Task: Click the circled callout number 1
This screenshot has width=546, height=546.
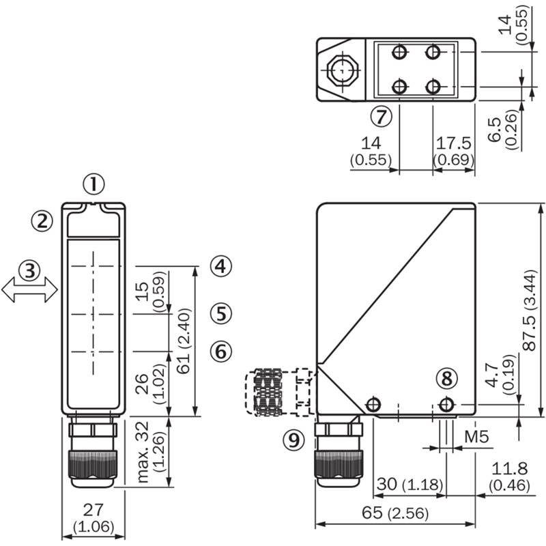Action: click(x=94, y=184)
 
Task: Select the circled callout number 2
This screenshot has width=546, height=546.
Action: click(x=42, y=221)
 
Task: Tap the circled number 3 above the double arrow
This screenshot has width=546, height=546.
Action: click(x=29, y=270)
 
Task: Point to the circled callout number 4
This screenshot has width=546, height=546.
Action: click(x=220, y=266)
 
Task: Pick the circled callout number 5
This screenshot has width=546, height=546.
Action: click(x=220, y=313)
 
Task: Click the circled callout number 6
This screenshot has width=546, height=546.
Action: click(x=220, y=351)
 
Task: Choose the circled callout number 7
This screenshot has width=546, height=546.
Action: click(x=381, y=117)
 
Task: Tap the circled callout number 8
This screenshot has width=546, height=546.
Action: click(x=447, y=379)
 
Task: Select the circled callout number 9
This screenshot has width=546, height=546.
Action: click(x=294, y=440)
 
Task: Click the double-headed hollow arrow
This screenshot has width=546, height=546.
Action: click(x=29, y=289)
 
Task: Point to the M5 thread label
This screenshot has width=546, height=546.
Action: click(x=476, y=437)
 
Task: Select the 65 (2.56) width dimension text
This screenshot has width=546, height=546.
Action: click(x=395, y=513)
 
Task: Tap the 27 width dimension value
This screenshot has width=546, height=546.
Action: click(x=94, y=510)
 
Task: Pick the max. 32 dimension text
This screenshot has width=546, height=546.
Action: click(x=143, y=452)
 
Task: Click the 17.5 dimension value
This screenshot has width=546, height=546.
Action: click(x=454, y=143)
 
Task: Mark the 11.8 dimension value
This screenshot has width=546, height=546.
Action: click(x=509, y=469)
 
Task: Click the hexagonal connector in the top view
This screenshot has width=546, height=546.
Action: click(x=343, y=70)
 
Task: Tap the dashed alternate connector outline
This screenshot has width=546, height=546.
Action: click(x=281, y=392)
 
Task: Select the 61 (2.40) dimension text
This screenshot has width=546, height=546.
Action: click(x=184, y=341)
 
